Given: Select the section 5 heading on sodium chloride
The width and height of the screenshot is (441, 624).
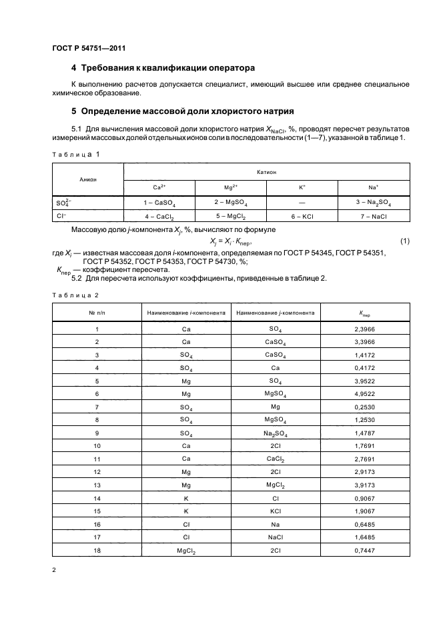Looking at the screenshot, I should [x=182, y=110].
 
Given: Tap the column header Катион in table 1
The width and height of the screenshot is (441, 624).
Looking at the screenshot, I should [x=266, y=172].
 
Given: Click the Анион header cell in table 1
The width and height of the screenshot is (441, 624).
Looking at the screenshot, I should [x=87, y=179].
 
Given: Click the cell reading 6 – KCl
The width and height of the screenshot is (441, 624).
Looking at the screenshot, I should [x=302, y=217].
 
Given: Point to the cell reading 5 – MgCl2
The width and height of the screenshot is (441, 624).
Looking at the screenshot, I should [x=230, y=217].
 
